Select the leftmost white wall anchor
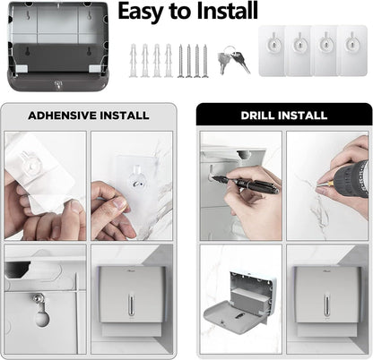134,59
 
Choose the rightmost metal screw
205,59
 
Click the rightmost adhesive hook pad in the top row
351,49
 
